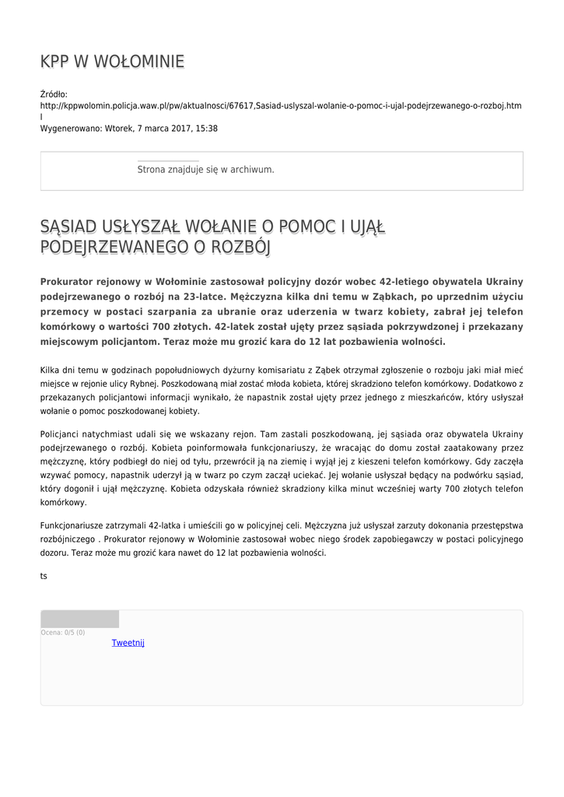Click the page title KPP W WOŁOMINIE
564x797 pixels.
(x=112, y=61)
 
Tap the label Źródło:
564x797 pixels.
(x=54, y=94)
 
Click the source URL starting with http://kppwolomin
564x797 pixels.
(x=281, y=105)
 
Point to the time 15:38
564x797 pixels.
(x=207, y=128)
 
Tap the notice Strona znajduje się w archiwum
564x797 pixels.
(x=205, y=169)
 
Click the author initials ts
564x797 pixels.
(x=44, y=576)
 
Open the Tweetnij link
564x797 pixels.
(x=128, y=643)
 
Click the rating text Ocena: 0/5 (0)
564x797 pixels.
(x=63, y=633)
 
